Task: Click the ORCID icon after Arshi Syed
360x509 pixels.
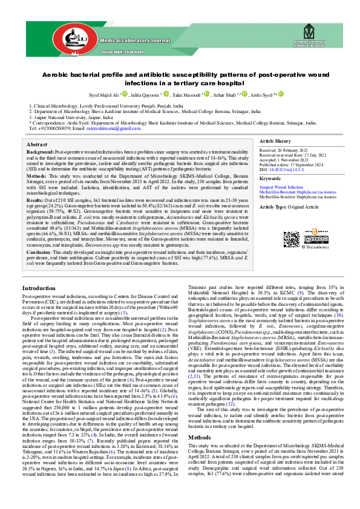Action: (281, 94)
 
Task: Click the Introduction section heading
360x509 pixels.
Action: (39, 288)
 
